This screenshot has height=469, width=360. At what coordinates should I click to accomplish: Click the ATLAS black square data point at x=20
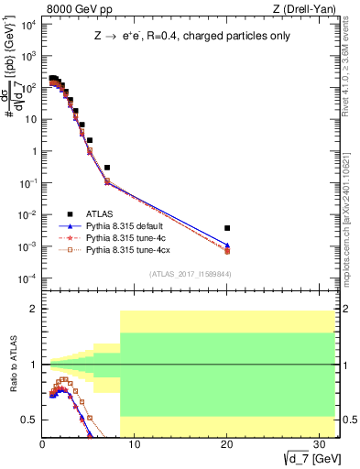226,228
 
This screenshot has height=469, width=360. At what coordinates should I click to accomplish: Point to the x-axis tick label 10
134,442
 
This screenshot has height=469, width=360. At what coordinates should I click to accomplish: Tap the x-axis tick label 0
43,442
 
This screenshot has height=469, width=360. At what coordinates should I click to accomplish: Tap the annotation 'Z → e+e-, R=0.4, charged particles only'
188,38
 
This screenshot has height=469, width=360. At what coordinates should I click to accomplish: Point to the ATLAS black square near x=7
107,168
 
